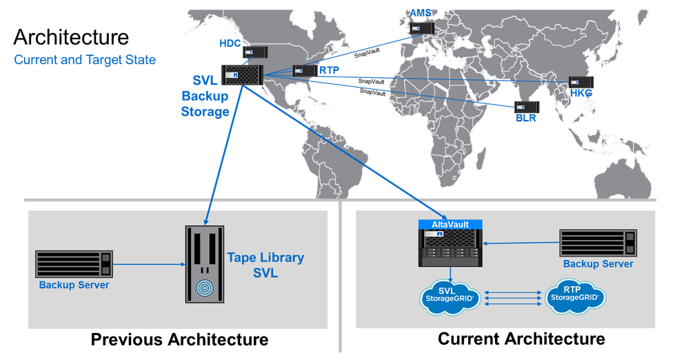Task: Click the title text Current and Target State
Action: tap(85, 61)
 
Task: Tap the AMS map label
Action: tap(421, 13)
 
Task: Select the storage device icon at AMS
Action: tap(421, 28)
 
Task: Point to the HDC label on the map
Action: tap(229, 44)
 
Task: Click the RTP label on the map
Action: tap(327, 70)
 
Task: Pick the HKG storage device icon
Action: tap(580, 83)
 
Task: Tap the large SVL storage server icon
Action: tap(239, 75)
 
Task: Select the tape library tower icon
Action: tap(204, 264)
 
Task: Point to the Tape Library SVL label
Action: tap(265, 265)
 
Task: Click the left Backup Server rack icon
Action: tap(73, 264)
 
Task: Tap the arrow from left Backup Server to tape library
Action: tap(148, 263)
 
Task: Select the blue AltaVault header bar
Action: tap(451, 225)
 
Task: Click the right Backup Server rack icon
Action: tap(598, 243)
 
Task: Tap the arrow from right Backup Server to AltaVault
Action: tap(521, 243)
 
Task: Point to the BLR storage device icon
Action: tap(525, 107)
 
